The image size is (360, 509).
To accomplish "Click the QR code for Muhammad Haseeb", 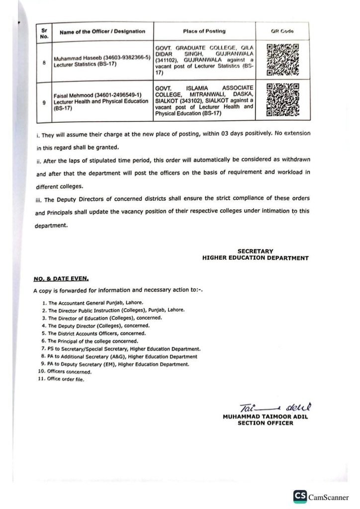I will click(282, 58).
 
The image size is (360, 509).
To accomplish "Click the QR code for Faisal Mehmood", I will click(282, 100).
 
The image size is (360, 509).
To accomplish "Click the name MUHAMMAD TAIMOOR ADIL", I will click(266, 417).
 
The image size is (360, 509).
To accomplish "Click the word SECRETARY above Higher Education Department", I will click(255, 252).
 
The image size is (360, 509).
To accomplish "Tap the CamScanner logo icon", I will click(300, 497).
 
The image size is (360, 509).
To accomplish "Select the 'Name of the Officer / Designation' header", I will click(102, 31).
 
